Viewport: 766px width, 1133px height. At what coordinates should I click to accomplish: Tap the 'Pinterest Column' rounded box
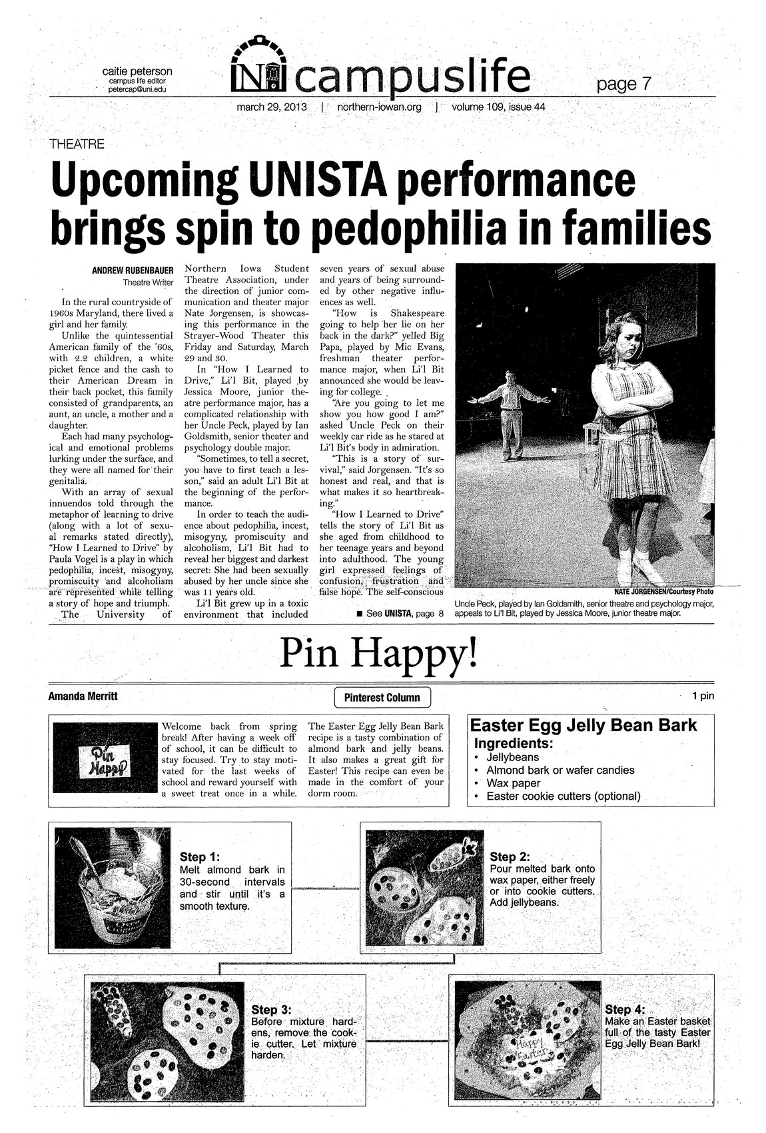tap(382, 697)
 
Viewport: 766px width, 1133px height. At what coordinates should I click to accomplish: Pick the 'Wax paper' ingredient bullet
tap(514, 783)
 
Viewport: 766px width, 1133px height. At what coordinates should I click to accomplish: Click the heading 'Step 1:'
tap(200, 857)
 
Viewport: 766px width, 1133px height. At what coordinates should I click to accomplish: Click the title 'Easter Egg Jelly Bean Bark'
tap(584, 726)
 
